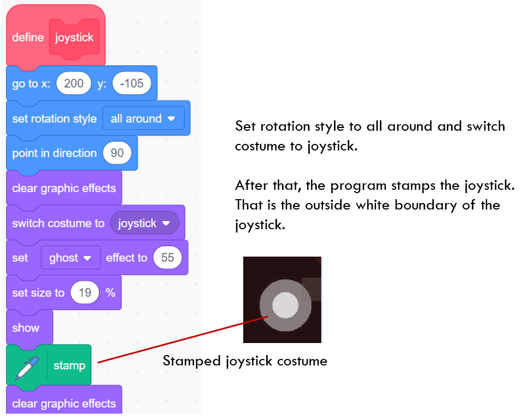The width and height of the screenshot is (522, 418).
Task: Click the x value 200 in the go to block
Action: tap(74, 83)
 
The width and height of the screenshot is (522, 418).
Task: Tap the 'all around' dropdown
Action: tap(143, 118)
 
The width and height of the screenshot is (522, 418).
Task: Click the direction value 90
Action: tap(117, 153)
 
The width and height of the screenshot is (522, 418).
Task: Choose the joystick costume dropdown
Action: tap(144, 223)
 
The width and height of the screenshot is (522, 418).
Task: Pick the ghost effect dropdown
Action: tap(70, 258)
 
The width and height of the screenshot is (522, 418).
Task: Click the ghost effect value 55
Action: tap(167, 258)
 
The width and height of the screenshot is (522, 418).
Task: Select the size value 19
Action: tap(85, 293)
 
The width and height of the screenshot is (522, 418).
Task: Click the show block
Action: tap(26, 328)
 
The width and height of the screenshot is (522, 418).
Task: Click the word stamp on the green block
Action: tap(69, 365)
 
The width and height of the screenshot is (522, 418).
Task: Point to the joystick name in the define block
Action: tap(74, 38)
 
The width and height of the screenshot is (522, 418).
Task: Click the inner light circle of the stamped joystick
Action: tap(285, 304)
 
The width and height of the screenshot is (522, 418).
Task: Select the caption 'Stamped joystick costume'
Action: tap(245, 361)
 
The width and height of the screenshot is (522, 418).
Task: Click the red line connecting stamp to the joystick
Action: tap(180, 339)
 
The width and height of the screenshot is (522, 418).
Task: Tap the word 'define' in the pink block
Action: tap(28, 38)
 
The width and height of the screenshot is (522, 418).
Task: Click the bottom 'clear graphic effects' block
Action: tap(64, 404)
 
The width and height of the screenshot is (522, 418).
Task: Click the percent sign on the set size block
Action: tap(110, 293)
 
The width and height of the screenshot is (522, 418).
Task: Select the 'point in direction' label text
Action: tap(54, 153)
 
